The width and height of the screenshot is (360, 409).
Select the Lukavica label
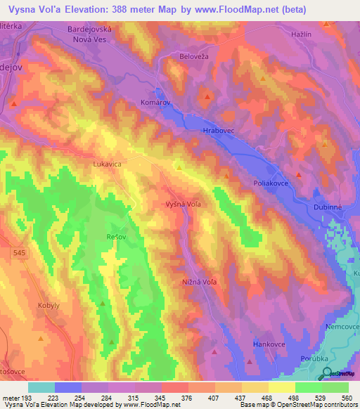coord(108,164)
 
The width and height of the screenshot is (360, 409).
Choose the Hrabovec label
coord(218,131)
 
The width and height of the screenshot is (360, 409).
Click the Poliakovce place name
coord(270,182)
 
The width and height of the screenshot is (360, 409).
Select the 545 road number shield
coord(19,251)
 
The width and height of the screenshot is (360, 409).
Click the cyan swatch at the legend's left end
coord(41,387)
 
